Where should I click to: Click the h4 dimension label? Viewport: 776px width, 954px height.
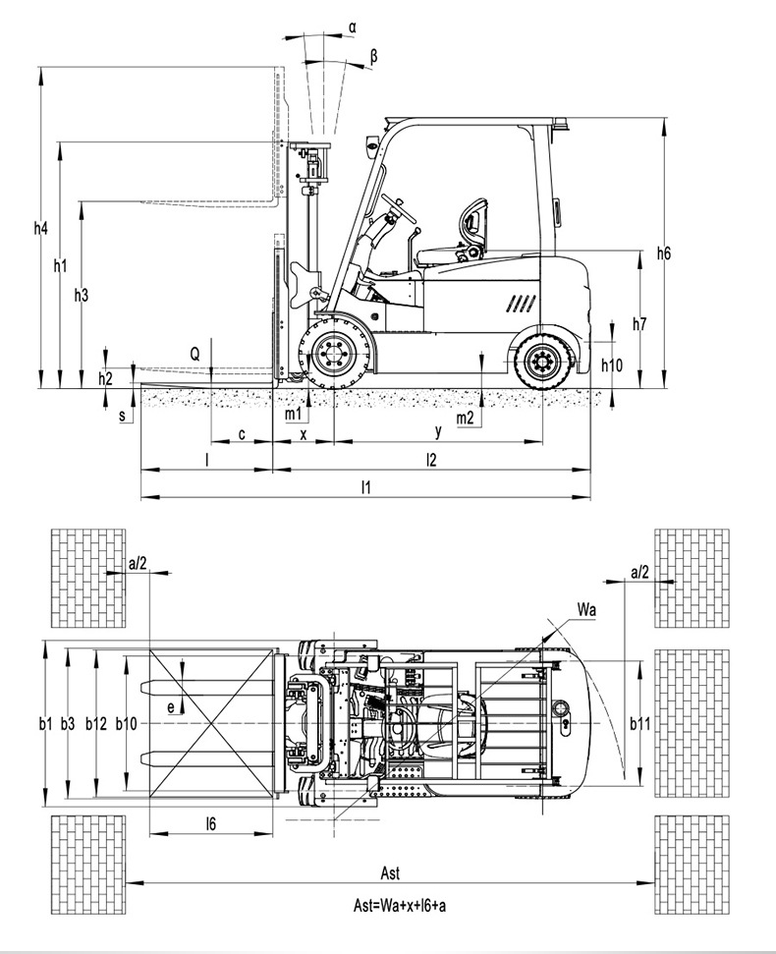(40, 229)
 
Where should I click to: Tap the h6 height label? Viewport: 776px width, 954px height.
(663, 253)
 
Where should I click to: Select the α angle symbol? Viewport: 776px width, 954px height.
(353, 27)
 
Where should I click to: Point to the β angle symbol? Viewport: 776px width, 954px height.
(373, 57)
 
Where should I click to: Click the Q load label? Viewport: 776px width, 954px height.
(194, 354)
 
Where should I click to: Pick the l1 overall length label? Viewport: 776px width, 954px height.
(365, 486)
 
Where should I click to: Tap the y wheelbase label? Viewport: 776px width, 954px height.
(438, 431)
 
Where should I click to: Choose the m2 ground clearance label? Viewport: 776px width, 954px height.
(465, 418)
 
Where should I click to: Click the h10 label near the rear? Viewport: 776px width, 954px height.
(612, 365)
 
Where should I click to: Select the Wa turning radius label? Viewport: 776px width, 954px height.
(586, 610)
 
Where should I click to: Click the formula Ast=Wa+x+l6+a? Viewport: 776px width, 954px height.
(400, 905)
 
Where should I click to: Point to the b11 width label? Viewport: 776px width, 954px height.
(639, 724)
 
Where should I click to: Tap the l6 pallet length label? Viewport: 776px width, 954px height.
(210, 823)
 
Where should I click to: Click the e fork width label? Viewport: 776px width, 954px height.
(171, 707)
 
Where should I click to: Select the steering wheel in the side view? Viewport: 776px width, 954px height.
(399, 208)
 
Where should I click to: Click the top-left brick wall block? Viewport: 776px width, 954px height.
(88, 578)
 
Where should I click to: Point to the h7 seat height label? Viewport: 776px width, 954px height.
(639, 324)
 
